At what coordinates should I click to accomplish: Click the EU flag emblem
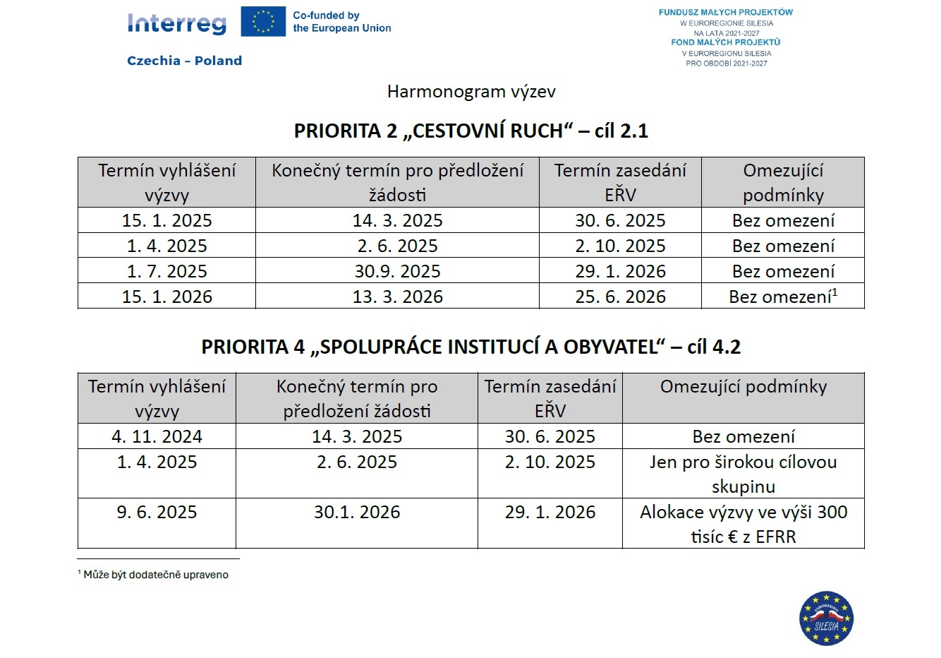(263, 22)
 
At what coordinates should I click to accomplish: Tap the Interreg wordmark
(177, 23)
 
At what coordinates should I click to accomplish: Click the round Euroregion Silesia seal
(826, 618)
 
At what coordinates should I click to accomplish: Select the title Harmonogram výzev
(471, 92)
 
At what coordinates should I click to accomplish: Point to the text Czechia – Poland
(184, 61)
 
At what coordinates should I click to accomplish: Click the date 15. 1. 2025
(166, 220)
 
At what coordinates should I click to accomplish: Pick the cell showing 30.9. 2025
(397, 271)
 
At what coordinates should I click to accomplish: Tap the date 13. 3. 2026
(397, 297)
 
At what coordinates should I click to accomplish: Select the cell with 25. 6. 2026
(620, 297)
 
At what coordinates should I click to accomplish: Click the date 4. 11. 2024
(157, 436)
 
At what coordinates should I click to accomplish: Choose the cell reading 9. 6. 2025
(157, 512)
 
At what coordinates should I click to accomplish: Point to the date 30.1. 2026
(357, 512)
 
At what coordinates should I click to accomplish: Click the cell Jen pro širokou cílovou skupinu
(743, 474)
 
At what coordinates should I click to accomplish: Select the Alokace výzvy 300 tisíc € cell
(743, 524)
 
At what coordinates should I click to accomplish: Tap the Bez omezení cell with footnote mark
(783, 297)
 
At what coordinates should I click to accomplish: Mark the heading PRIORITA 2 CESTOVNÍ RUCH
(470, 131)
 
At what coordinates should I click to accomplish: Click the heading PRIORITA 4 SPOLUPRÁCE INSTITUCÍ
(470, 347)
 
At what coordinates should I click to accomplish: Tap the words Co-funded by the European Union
(341, 22)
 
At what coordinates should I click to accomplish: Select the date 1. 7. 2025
(166, 271)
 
